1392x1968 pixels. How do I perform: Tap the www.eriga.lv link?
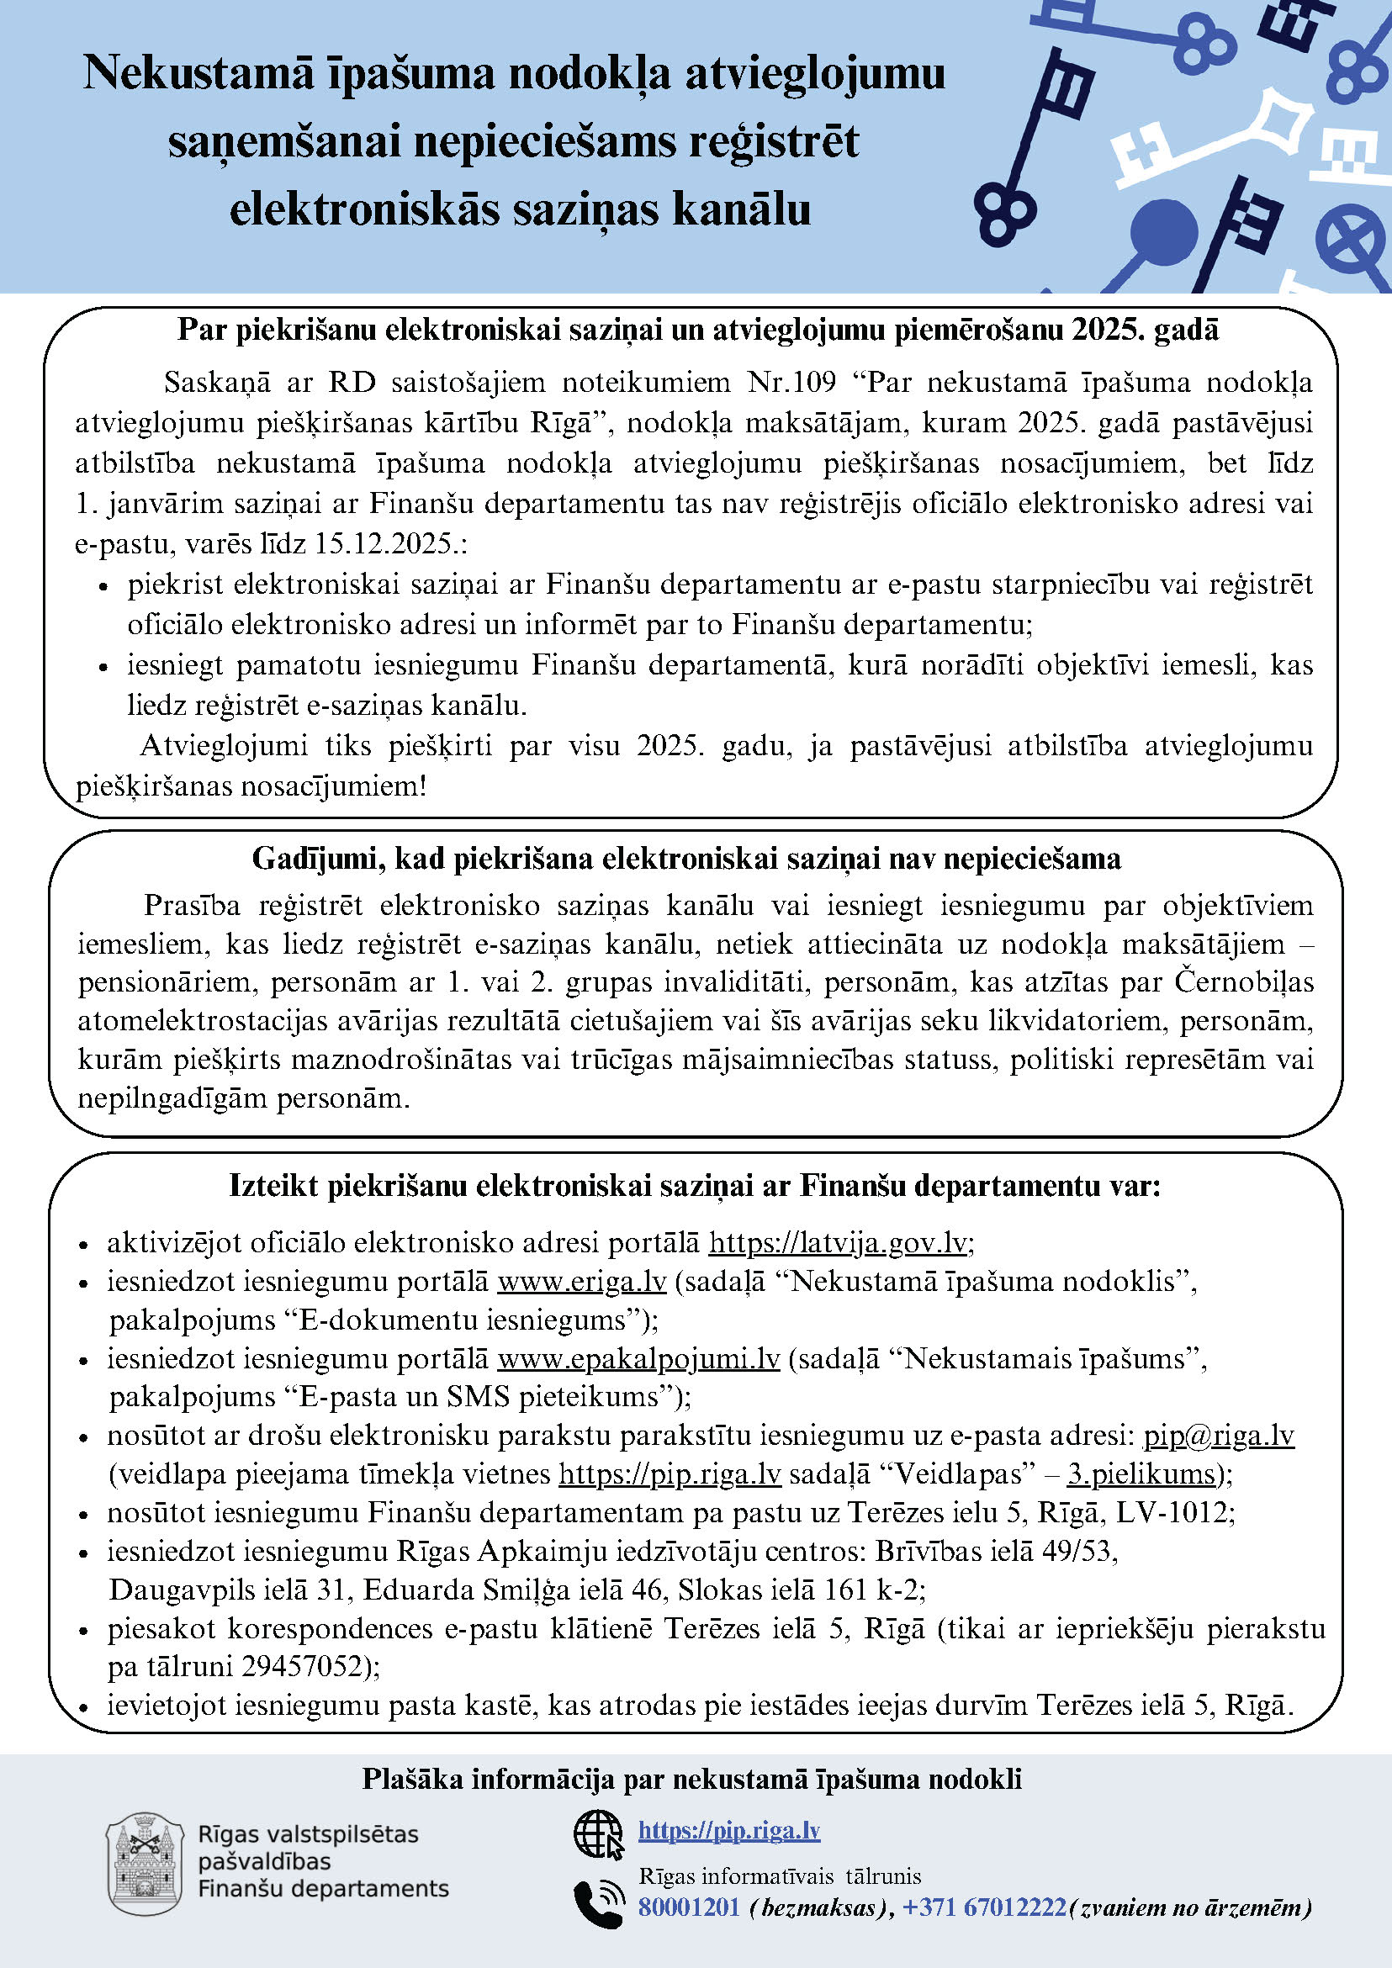tap(581, 1282)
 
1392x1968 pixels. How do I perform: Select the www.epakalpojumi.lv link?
tap(638, 1358)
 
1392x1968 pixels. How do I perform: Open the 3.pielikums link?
tap(1140, 1474)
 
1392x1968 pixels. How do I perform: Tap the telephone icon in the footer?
tap(597, 1904)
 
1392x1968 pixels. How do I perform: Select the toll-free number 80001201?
tap(688, 1908)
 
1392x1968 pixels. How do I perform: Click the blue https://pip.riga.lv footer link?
tap(728, 1831)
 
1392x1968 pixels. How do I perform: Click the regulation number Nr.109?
tap(791, 383)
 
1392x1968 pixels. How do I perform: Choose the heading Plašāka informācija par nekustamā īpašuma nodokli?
tap(691, 1780)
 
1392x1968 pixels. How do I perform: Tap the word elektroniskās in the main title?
tap(364, 210)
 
